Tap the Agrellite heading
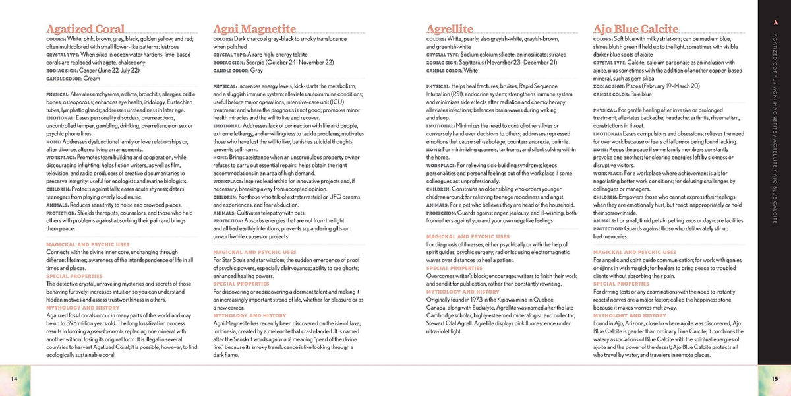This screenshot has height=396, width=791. tap(450, 29)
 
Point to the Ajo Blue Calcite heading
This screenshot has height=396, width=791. tap(636, 29)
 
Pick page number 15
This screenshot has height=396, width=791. tap(775, 378)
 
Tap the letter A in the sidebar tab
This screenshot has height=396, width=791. tap(775, 24)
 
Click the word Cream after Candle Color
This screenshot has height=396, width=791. tap(92, 78)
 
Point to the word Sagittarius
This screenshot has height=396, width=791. tap(479, 62)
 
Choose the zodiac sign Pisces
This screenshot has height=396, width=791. tap(637, 86)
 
